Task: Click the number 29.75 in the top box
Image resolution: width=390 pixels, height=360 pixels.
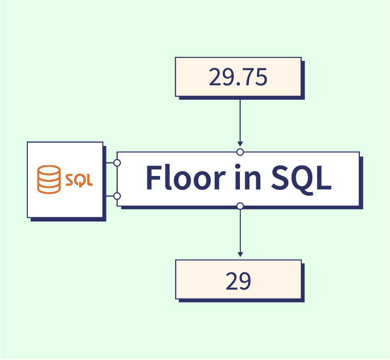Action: click(x=238, y=77)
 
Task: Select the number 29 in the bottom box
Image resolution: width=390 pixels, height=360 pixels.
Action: click(x=238, y=281)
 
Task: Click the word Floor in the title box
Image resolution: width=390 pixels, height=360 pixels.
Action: click(x=180, y=178)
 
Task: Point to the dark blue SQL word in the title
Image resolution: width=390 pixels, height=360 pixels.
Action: click(x=301, y=178)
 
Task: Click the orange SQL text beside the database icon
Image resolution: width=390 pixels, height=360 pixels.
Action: click(x=79, y=180)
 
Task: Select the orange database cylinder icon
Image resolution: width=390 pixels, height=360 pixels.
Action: click(x=49, y=180)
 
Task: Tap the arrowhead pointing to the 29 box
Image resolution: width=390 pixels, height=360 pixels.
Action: click(x=240, y=254)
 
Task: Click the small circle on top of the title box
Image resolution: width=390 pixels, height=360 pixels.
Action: click(x=240, y=152)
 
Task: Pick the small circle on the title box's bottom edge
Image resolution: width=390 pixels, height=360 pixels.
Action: click(x=240, y=206)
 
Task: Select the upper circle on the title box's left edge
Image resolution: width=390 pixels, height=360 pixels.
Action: click(x=117, y=162)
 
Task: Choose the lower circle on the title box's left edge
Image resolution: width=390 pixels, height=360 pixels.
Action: click(x=117, y=196)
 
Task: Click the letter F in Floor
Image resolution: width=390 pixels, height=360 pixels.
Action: click(x=153, y=178)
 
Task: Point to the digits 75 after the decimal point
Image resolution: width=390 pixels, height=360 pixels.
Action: click(x=254, y=77)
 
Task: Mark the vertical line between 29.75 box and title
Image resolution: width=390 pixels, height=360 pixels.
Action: click(x=240, y=119)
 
